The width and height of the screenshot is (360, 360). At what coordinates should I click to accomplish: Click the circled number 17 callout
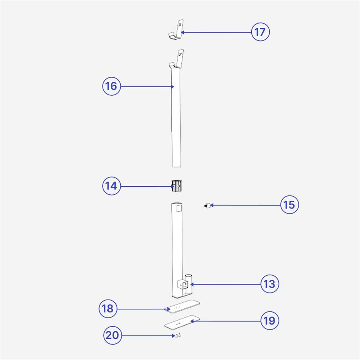(261, 32)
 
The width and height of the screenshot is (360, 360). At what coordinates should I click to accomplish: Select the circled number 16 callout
(111, 86)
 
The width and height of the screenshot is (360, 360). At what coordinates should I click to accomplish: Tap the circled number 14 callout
(111, 186)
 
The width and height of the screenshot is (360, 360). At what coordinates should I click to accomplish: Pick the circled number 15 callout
(290, 205)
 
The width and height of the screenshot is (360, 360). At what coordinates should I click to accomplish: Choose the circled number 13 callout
(270, 284)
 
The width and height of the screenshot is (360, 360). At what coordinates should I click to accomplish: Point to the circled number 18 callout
(108, 309)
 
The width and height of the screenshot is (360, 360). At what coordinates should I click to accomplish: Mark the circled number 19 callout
(270, 321)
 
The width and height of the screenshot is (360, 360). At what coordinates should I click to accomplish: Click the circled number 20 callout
(112, 335)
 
